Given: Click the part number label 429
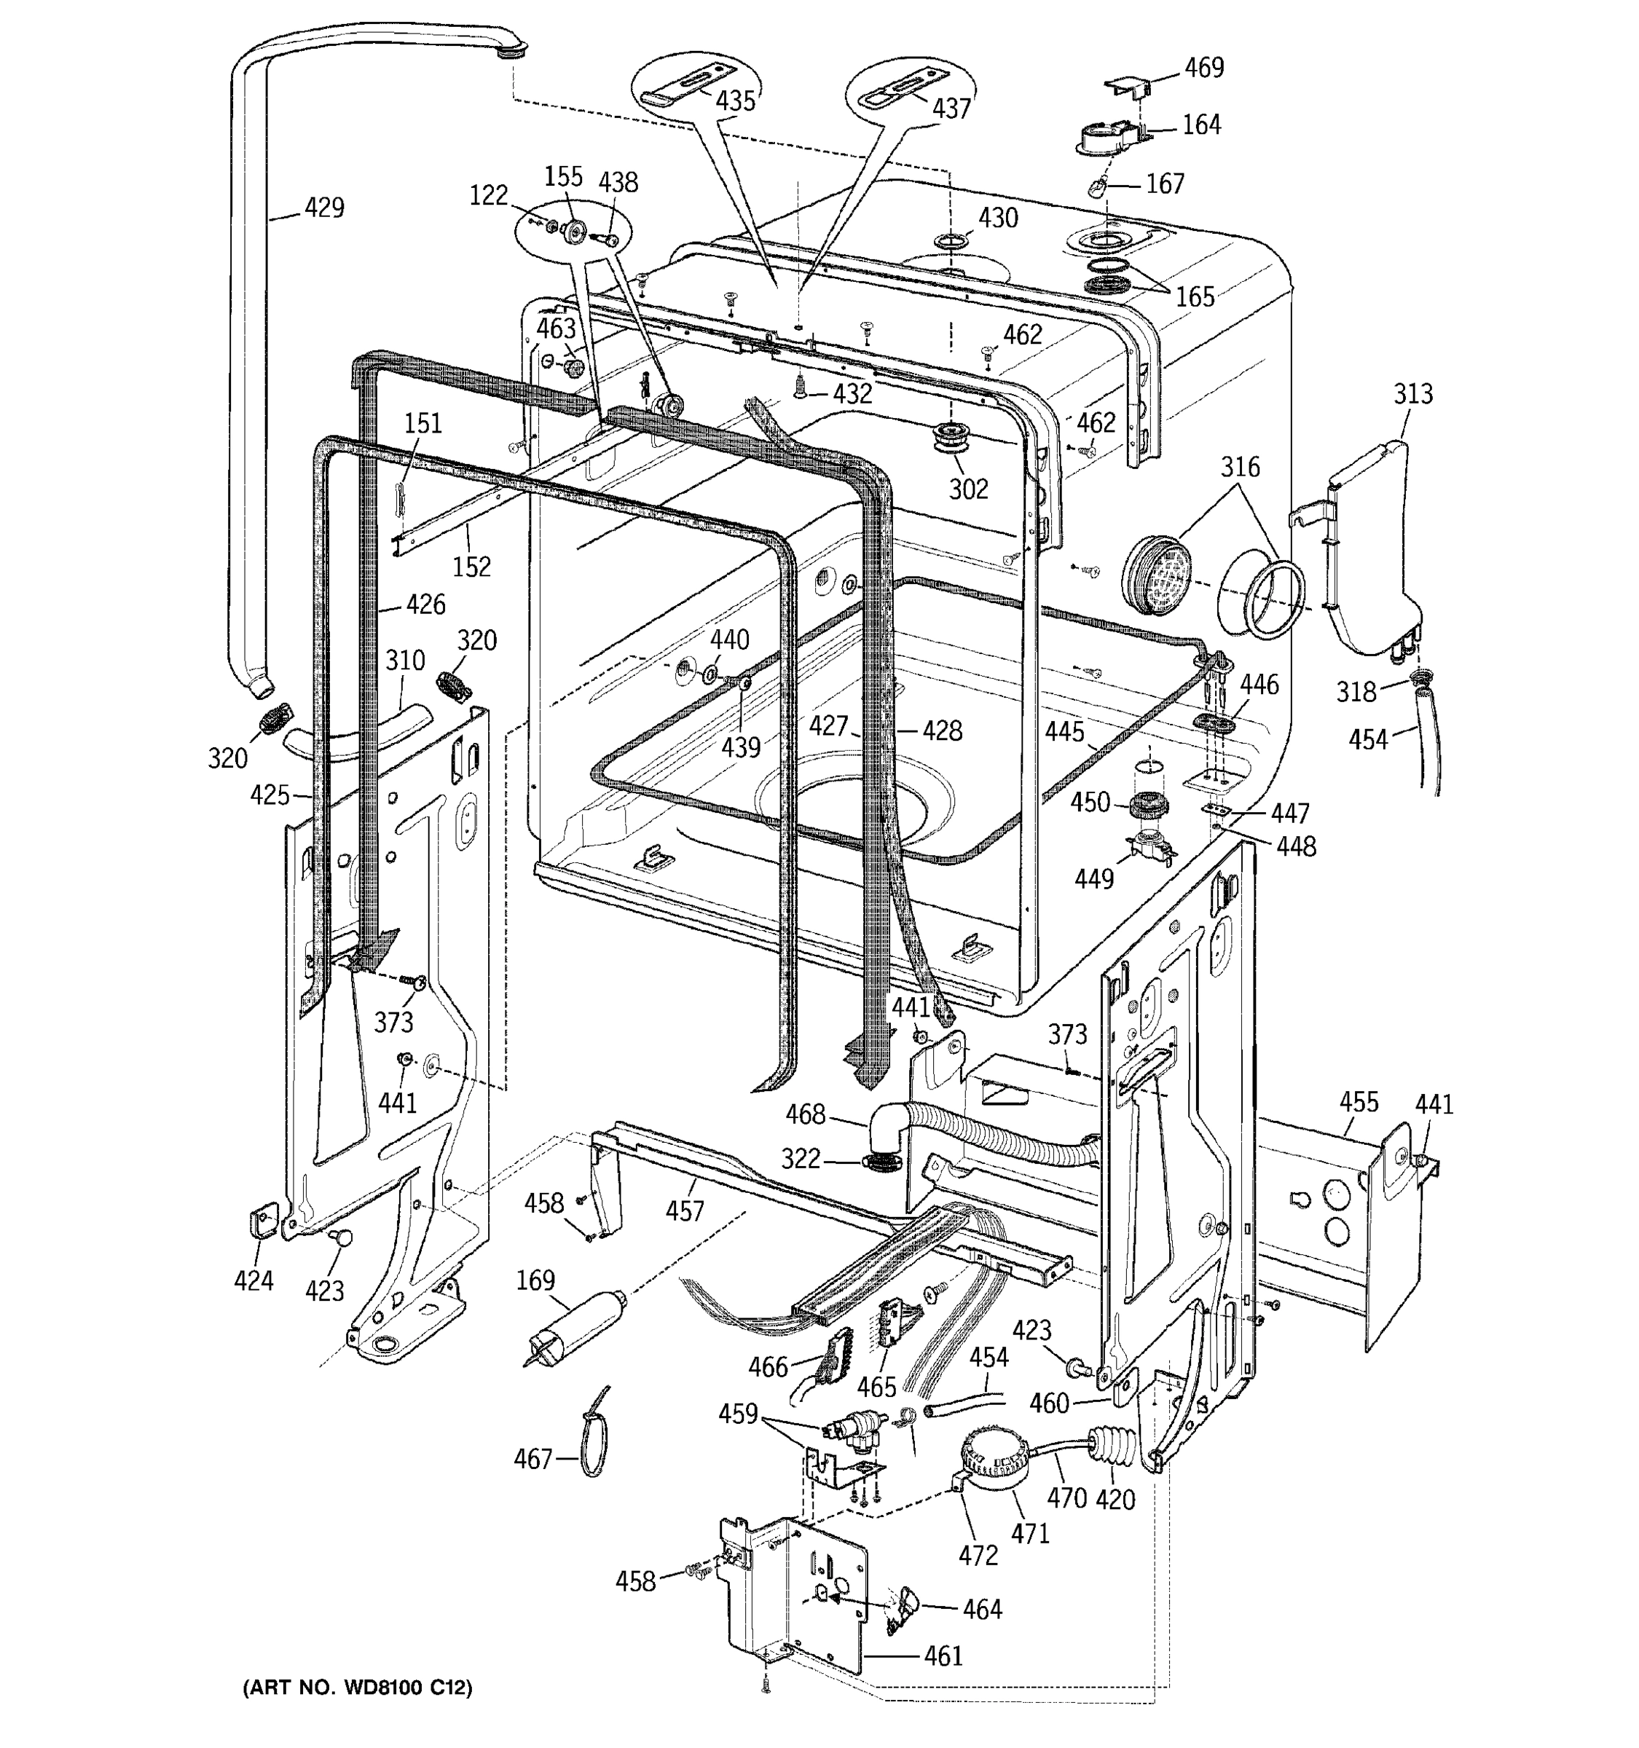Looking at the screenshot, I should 323,208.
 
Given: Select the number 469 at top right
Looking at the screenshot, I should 1203,68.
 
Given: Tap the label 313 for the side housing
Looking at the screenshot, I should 1412,393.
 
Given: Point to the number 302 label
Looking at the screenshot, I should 968,489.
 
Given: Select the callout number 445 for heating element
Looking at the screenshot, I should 1065,731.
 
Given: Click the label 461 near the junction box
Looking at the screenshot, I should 943,1656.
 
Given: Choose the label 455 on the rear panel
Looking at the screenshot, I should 1359,1102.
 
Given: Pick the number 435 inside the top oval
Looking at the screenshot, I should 734,101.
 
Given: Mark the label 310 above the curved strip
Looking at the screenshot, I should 404,661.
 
